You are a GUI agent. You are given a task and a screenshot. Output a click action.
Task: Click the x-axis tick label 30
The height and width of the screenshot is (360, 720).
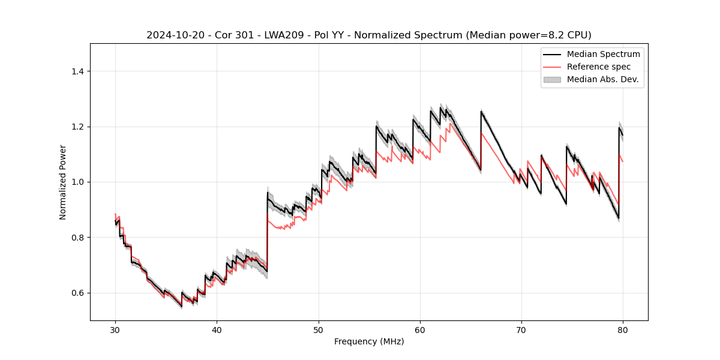115,329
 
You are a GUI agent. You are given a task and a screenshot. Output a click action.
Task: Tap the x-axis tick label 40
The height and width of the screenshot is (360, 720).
217,329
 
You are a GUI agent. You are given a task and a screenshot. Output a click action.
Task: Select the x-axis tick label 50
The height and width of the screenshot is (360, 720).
319,329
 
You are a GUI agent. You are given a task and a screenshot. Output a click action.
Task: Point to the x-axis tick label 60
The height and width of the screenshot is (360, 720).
420,329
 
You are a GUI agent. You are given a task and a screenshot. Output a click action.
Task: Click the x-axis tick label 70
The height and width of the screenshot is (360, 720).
521,329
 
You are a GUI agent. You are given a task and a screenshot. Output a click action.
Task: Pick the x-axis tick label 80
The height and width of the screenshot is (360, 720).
623,329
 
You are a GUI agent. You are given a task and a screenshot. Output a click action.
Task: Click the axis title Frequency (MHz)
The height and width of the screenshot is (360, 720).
369,341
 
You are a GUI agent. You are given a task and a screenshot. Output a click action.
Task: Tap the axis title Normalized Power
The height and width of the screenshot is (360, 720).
62,182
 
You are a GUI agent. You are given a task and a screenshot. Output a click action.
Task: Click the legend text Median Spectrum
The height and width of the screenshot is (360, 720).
603,54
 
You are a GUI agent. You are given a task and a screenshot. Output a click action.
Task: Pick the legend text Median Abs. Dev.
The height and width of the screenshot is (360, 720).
603,79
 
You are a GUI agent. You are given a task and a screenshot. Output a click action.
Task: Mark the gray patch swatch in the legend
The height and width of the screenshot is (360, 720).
552,79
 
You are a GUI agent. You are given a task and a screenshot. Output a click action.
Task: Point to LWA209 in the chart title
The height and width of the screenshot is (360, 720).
269,35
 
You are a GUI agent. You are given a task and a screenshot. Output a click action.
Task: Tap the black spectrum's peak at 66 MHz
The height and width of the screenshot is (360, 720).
481,111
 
